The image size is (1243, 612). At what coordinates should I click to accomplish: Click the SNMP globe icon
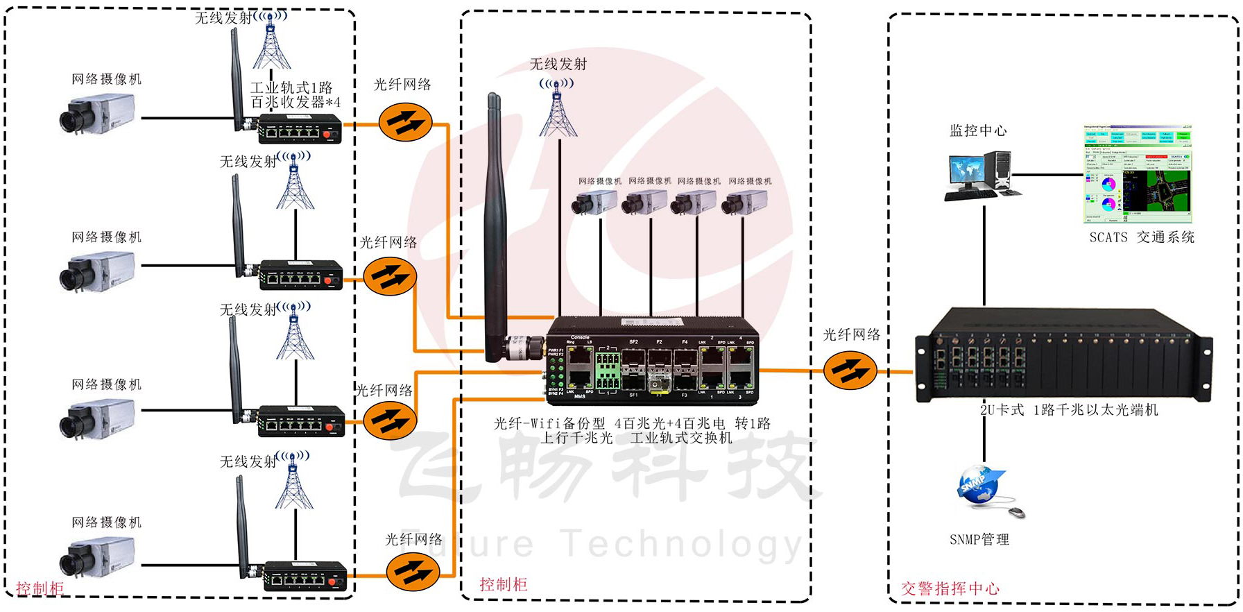pyautogui.click(x=979, y=486)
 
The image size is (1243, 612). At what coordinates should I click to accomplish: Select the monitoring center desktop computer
pyautogui.click(x=981, y=173)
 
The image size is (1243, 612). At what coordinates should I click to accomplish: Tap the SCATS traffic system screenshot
pyautogui.click(x=1138, y=173)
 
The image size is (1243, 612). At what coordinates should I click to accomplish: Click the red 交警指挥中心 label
pyautogui.click(x=950, y=589)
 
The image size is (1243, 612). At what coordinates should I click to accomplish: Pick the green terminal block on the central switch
pyautogui.click(x=608, y=371)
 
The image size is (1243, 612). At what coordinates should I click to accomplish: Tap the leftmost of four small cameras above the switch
pyautogui.click(x=594, y=203)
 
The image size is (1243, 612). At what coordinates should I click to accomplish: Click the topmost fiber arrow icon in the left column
pyautogui.click(x=406, y=122)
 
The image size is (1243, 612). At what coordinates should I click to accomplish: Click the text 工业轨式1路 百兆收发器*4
pyautogui.click(x=294, y=95)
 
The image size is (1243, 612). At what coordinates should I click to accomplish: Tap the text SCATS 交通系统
pyautogui.click(x=1141, y=237)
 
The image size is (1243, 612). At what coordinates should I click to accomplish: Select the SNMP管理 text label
pyautogui.click(x=979, y=539)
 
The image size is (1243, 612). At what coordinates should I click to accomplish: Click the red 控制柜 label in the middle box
pyautogui.click(x=503, y=584)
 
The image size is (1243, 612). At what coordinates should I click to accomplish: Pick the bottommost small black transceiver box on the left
pyautogui.click(x=305, y=577)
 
